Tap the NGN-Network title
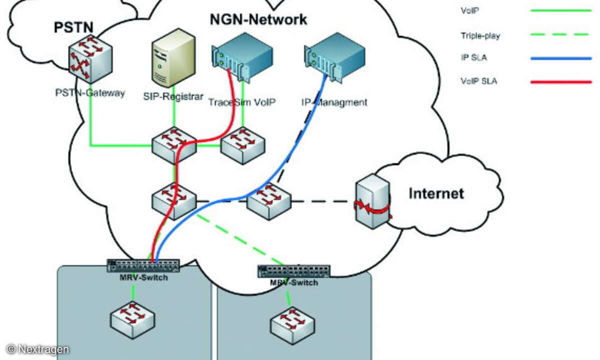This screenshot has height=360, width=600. click(258, 20)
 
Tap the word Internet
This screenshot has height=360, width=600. click(436, 193)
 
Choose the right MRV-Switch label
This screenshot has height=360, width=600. click(294, 283)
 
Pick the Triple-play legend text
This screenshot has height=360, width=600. click(480, 35)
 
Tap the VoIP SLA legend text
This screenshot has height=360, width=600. click(478, 81)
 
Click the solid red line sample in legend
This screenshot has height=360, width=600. click(560, 81)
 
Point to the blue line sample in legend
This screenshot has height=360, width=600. click(560, 58)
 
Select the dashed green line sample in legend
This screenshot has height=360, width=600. click(560, 34)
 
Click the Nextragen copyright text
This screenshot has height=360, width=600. click(38, 349)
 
